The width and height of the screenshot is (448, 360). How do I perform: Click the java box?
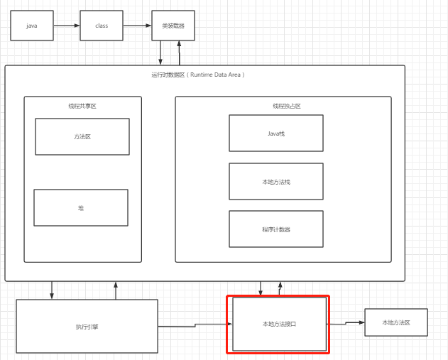pyautogui.click(x=31, y=26)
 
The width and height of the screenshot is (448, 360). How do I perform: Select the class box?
pyautogui.click(x=102, y=26)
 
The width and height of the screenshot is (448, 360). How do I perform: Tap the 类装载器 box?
pyautogui.click(x=173, y=26)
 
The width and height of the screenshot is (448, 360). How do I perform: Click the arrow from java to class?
pyautogui.click(x=67, y=26)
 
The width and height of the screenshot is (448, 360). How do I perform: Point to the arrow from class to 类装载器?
pyautogui.click(x=137, y=26)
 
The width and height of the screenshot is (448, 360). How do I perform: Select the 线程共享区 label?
pyautogui.click(x=82, y=106)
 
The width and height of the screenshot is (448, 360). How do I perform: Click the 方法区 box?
pyautogui.click(x=82, y=136)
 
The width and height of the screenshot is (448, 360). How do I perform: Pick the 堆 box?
pyautogui.click(x=81, y=207)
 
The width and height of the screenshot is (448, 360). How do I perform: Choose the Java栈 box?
pyautogui.click(x=275, y=133)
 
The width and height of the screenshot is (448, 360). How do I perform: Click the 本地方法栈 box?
pyautogui.click(x=275, y=181)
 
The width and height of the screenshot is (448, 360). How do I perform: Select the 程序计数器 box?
pyautogui.click(x=275, y=229)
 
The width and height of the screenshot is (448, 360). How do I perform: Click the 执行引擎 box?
pyautogui.click(x=87, y=327)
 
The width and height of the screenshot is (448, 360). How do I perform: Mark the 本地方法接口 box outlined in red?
pyautogui.click(x=279, y=324)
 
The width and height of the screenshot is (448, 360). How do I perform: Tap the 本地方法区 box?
pyautogui.click(x=395, y=322)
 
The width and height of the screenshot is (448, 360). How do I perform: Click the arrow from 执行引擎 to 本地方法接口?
pyautogui.click(x=195, y=325)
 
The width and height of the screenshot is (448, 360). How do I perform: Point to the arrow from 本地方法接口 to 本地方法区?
pyautogui.click(x=346, y=323)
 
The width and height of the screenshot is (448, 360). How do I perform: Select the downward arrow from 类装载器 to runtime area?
pyautogui.click(x=160, y=53)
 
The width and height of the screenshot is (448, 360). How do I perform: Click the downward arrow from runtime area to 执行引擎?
pyautogui.click(x=52, y=290)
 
